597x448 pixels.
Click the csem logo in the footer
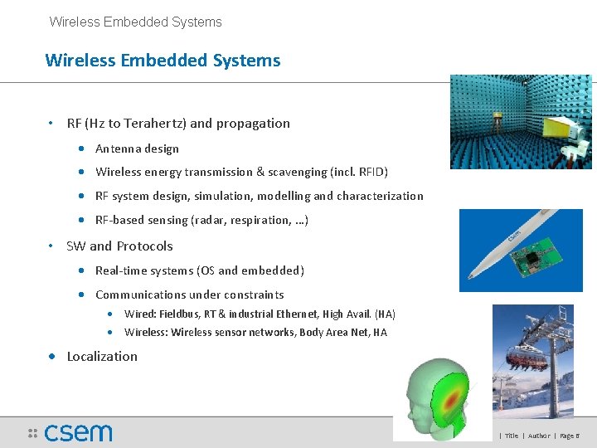(78, 432)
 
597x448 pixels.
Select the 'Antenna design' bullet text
(137, 149)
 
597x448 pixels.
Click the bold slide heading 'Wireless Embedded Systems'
(163, 61)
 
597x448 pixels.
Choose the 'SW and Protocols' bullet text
(119, 246)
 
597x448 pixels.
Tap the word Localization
(102, 357)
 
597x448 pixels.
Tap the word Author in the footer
(538, 436)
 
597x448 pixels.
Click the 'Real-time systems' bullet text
(199, 270)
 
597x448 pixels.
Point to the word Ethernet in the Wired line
(294, 314)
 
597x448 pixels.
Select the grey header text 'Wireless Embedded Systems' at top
(135, 22)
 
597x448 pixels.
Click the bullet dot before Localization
(52, 357)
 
